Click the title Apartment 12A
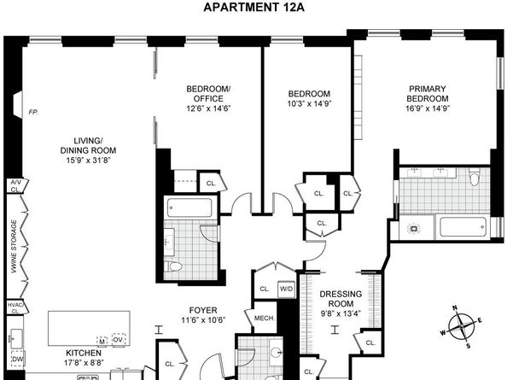(x=253, y=8)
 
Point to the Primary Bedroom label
(x=428, y=93)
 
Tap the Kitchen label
(x=84, y=353)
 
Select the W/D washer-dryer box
(x=286, y=289)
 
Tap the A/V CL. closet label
(x=15, y=187)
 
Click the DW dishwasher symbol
(x=17, y=360)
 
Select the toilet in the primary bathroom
(x=475, y=178)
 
